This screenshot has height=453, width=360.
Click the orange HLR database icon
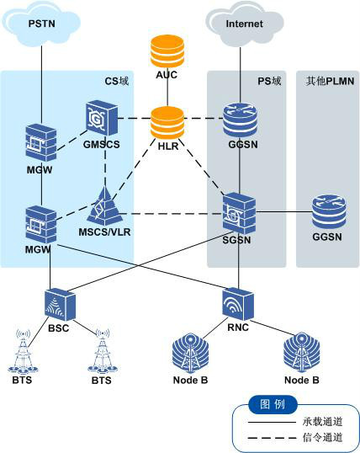point(167,123)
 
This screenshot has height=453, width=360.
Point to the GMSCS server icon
point(101,119)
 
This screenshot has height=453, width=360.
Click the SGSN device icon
point(239,213)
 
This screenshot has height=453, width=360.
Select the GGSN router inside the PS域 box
point(241,119)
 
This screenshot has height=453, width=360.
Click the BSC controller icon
point(58,302)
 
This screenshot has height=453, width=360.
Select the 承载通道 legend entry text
point(323,420)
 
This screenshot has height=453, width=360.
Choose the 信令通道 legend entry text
point(323,437)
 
